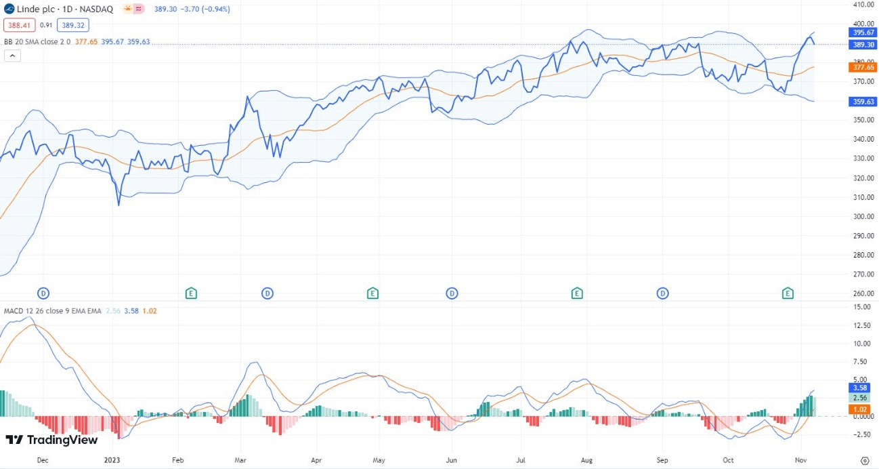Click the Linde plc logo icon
point(9,9)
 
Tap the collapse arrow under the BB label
point(12,56)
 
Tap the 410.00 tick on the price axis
point(863,5)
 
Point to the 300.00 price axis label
point(863,217)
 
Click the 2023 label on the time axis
point(112,460)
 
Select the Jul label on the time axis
point(521,460)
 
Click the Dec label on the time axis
point(43,460)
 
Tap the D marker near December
point(43,293)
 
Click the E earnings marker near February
point(192,293)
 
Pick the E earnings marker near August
point(577,293)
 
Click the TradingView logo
point(51,440)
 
